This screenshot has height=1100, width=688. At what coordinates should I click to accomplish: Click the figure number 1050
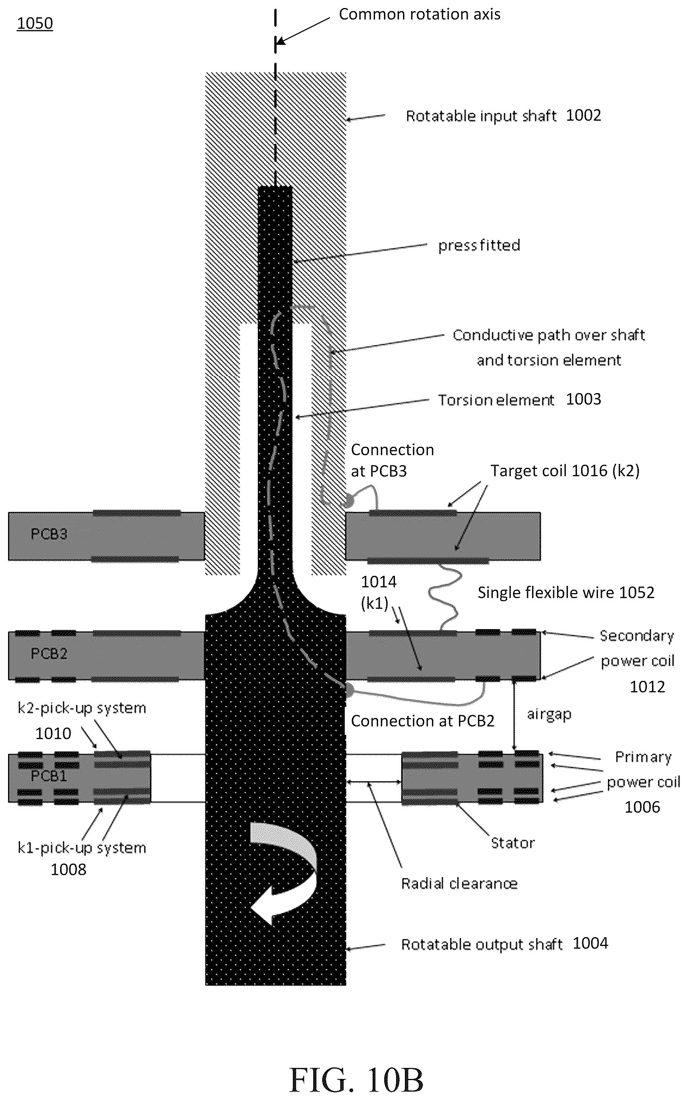pos(34,23)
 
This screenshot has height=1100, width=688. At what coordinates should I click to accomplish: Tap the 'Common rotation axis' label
pos(419,14)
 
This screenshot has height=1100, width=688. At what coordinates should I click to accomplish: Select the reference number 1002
pos(583,115)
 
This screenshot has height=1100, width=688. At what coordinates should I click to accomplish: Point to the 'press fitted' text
pos(479,245)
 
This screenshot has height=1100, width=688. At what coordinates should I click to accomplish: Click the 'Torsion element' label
pos(496,400)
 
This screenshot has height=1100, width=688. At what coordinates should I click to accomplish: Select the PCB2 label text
pos(49,654)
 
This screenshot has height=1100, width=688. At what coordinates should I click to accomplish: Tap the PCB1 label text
pos(49,775)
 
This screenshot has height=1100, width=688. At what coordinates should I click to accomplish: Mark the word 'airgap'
pos(549,715)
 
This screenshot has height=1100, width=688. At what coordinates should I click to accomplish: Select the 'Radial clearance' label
pos(459,884)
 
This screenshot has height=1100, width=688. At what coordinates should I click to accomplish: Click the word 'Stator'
pos(513,843)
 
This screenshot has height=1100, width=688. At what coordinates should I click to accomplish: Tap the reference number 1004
pos(590,943)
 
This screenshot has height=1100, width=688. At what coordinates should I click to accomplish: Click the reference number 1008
pos(68,869)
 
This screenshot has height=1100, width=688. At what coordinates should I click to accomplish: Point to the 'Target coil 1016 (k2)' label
pos(565,470)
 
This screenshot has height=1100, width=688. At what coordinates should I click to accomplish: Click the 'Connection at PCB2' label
pos(422,721)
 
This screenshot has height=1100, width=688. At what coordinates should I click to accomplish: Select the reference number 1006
pos(642,807)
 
